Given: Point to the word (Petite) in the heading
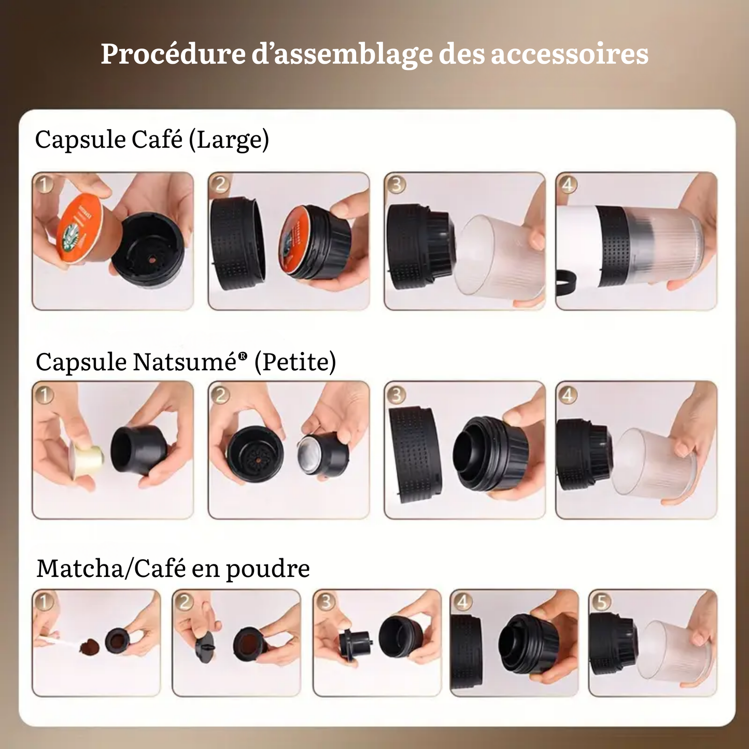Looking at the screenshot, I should pyautogui.click(x=295, y=362).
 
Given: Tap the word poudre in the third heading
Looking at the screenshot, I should pyautogui.click(x=267, y=570).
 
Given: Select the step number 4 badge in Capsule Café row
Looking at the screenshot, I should pyautogui.click(x=568, y=185).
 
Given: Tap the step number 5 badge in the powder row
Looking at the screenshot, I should pyautogui.click(x=601, y=602).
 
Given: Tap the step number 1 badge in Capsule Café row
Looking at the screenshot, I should pyautogui.click(x=45, y=185).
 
